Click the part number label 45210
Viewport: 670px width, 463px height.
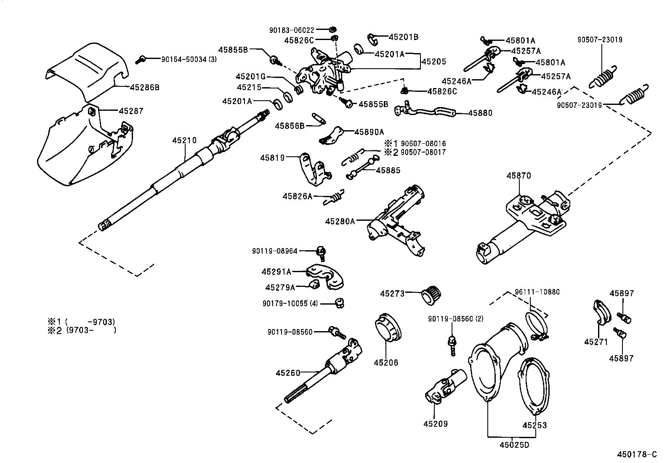click(x=184, y=140)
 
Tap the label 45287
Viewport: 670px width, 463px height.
click(x=131, y=111)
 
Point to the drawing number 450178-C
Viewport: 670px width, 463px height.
click(x=637, y=455)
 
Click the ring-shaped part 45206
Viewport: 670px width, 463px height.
click(x=386, y=330)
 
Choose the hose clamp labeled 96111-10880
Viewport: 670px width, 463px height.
click(x=535, y=324)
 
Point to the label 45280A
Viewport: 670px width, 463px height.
click(x=340, y=221)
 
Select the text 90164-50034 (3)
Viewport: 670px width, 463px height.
click(x=189, y=59)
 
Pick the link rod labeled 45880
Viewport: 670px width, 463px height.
click(x=425, y=112)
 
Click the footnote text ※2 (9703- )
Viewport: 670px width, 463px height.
click(x=82, y=330)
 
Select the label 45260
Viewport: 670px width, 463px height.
click(x=288, y=372)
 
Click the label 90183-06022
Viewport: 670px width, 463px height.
click(x=292, y=30)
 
